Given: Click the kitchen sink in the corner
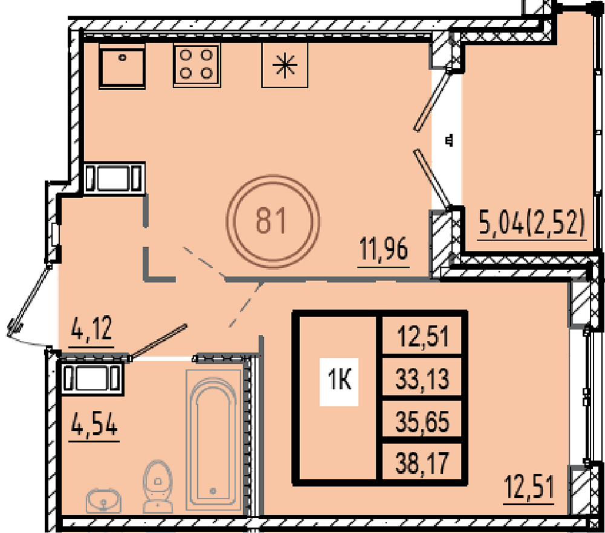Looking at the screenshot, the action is point(122,66).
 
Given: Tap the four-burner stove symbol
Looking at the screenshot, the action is point(197,65).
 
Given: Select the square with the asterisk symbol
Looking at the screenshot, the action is point(285,65).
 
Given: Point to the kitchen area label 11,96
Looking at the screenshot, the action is point(384,250).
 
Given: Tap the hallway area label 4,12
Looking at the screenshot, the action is point(92,328).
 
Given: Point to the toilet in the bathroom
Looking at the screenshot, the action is point(157,486).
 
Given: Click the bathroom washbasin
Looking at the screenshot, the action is point(103,500).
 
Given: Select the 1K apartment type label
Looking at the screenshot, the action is point(339,381).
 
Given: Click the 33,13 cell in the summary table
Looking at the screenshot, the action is point(422,379).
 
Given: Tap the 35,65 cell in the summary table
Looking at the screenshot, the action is point(422,421).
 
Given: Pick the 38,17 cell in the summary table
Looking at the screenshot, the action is point(422,463).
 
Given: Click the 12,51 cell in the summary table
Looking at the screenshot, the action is point(422,337).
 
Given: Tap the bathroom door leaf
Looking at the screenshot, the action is point(158,341).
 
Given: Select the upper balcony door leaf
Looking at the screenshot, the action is point(432,100).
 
